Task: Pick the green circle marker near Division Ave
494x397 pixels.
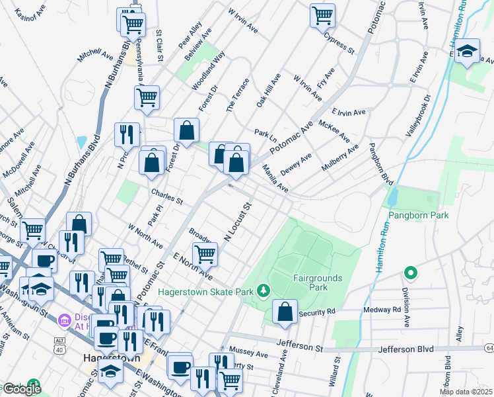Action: (x=410, y=273)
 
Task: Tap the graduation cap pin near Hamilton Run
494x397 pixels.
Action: (x=468, y=52)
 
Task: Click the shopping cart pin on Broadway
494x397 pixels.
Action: (x=205, y=253)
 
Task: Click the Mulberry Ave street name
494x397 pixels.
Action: (x=339, y=158)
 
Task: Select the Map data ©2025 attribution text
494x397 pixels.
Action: (x=465, y=392)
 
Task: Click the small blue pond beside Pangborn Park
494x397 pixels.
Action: (x=393, y=196)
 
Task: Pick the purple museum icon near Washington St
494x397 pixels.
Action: (x=65, y=321)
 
